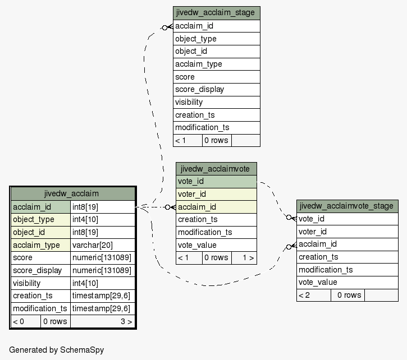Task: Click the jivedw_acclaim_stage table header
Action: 217,13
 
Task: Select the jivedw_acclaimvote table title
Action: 215,169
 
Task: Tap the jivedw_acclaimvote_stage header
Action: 347,206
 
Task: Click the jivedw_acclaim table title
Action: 71,193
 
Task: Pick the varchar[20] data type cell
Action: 93,245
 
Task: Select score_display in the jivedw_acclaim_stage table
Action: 200,89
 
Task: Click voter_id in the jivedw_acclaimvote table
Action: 192,194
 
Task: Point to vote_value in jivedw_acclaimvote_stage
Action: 318,282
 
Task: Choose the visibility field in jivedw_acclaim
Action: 27,283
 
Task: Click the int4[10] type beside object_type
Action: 85,219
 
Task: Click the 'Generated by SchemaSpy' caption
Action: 57,350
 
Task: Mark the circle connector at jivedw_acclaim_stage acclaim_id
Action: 164,27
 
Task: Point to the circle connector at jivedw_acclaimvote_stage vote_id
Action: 289,218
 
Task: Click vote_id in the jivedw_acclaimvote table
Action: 191,181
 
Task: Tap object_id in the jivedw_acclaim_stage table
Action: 191,51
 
